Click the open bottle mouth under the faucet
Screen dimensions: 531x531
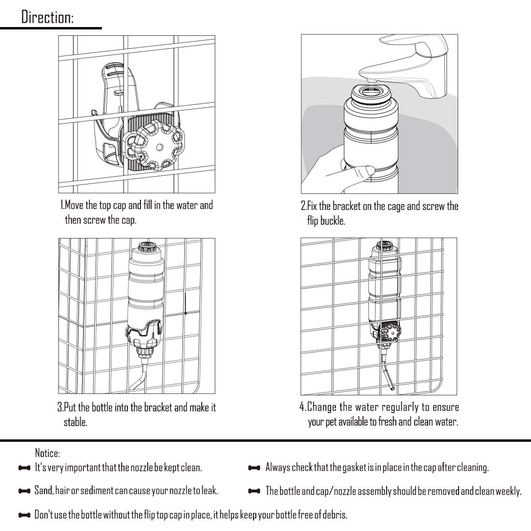coord(371,91)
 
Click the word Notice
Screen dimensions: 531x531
coord(47,453)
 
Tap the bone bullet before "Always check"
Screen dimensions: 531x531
coord(254,468)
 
